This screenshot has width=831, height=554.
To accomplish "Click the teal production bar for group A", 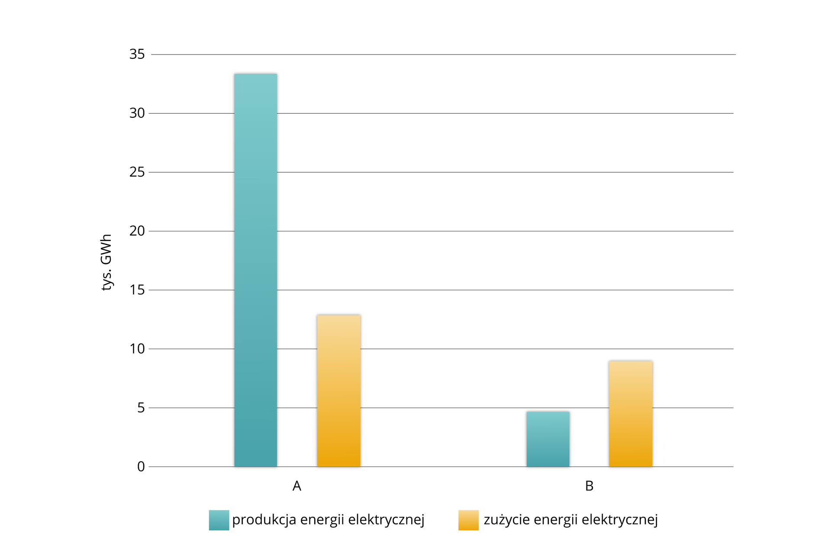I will point(255,270).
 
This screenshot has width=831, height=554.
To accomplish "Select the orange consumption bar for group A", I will point(338,391).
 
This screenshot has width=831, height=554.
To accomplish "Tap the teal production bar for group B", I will point(548,439).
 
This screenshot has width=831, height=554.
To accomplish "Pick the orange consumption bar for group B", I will point(631,414).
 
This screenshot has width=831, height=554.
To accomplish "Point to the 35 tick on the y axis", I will point(137,54).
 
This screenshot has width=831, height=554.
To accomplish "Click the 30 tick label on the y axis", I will point(137,113).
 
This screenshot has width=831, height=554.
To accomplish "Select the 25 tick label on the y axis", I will point(137,172).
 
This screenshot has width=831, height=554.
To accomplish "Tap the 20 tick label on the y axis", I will point(137,231).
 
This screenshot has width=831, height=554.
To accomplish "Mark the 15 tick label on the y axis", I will point(137,290).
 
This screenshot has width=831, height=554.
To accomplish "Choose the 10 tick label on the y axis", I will point(137,348).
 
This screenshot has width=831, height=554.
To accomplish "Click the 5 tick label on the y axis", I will point(141,407).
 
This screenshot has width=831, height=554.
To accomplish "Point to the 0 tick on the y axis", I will point(141,467).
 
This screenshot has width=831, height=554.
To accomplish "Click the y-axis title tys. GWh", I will point(106,262).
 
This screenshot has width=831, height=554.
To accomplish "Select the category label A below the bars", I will point(296,486).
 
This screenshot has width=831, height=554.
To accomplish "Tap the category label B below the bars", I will point(589,486).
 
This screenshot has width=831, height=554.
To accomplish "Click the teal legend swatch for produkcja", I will point(219,520).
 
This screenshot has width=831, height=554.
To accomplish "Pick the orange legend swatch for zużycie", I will point(468,520).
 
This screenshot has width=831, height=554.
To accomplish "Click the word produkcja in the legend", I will point(264,520).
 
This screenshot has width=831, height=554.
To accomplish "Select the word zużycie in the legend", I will point(507,520).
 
